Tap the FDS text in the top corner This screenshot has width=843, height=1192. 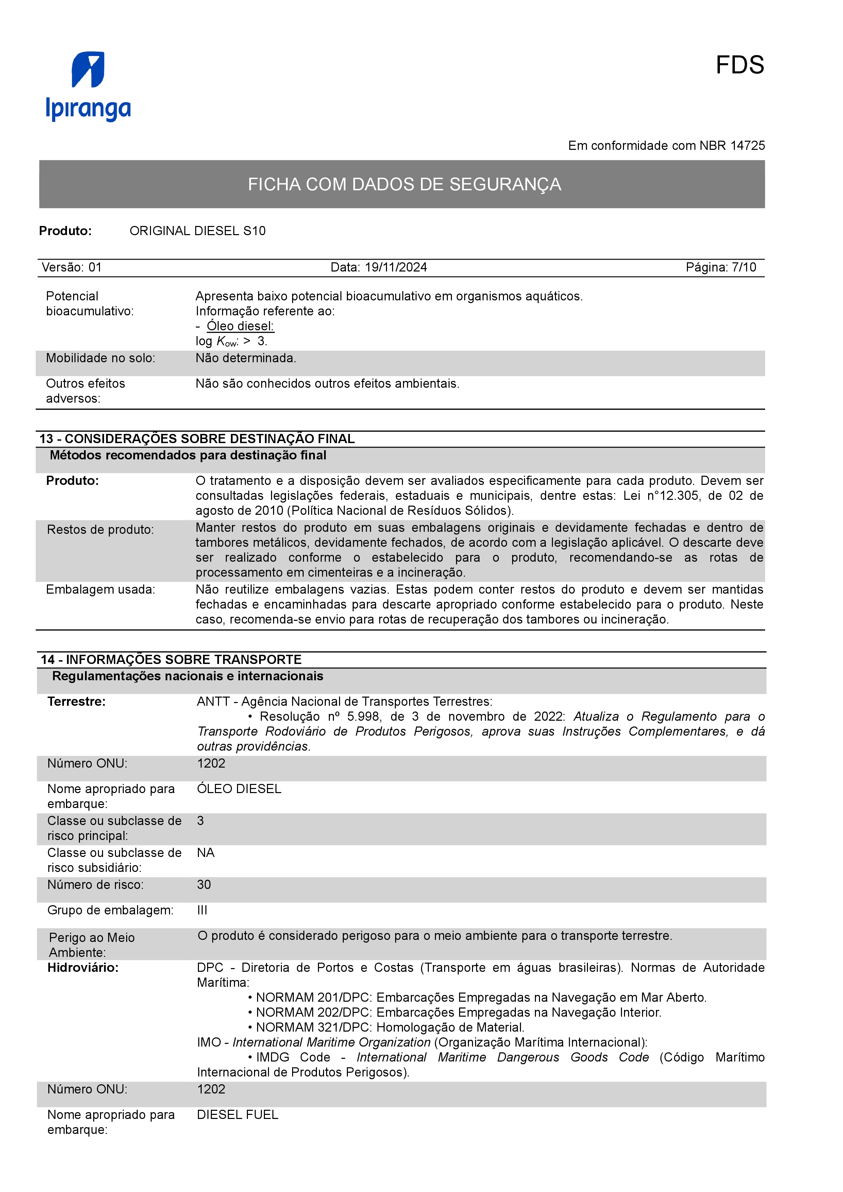(x=739, y=66)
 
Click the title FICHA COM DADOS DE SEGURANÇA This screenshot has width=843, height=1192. (x=404, y=184)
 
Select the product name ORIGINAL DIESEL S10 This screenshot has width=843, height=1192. (x=197, y=231)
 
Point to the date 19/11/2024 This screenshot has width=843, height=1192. (x=396, y=267)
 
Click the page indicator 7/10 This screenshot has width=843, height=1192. (x=744, y=267)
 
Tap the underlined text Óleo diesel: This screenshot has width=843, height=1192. (x=240, y=326)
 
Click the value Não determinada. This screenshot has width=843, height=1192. (x=246, y=358)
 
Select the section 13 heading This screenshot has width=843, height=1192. (x=197, y=439)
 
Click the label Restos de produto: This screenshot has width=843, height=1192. (x=100, y=529)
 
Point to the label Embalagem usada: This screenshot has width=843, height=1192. (x=100, y=590)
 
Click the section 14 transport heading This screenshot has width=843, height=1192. (x=171, y=659)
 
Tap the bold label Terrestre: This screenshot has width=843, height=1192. (x=77, y=702)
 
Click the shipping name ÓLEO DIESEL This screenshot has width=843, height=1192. (x=239, y=789)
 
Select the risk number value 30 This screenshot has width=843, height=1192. (x=204, y=884)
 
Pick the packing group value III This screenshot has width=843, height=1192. (x=202, y=910)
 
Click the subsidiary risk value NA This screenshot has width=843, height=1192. (x=206, y=853)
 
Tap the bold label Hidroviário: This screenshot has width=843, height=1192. (x=83, y=968)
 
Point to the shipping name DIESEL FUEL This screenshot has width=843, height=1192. (x=237, y=1115)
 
